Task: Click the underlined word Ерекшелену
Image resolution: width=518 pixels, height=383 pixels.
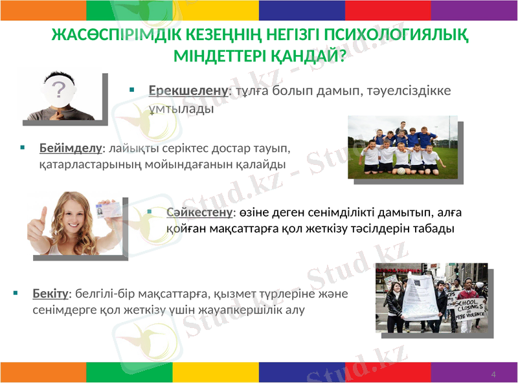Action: (188, 90)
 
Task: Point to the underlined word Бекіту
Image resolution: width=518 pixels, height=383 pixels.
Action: (51, 294)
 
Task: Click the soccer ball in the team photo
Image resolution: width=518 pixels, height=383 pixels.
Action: (401, 171)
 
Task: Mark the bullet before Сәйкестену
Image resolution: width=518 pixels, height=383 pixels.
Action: (149, 212)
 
